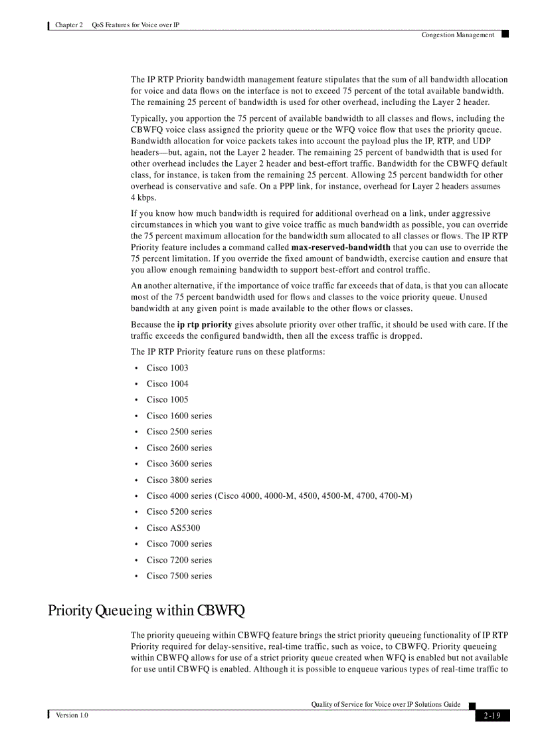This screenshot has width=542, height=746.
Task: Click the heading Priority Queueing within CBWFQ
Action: (147, 610)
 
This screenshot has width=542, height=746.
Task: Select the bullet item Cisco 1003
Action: (167, 368)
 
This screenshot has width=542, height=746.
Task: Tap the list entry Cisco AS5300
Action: (173, 528)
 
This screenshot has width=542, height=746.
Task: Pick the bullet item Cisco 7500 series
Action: (179, 576)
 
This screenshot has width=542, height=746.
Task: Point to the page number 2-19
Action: (492, 715)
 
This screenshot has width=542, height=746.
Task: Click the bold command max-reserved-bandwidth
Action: (341, 247)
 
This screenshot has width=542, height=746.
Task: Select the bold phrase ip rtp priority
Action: (205, 325)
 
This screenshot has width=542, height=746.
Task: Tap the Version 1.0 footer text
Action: (72, 715)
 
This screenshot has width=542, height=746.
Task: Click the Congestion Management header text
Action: (458, 35)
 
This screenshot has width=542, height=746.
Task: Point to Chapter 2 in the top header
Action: (69, 25)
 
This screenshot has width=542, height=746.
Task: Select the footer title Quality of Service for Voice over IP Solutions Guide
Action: (385, 704)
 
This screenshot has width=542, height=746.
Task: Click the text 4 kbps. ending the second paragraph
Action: (143, 198)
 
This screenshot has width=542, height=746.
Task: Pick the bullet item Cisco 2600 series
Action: (179, 448)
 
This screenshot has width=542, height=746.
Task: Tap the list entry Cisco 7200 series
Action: (179, 560)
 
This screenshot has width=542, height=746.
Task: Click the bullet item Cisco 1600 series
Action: (179, 416)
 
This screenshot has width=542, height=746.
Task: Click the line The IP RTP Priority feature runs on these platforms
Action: (228, 351)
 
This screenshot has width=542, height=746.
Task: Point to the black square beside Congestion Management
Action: (505, 33)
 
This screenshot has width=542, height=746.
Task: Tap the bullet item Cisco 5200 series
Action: (179, 512)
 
